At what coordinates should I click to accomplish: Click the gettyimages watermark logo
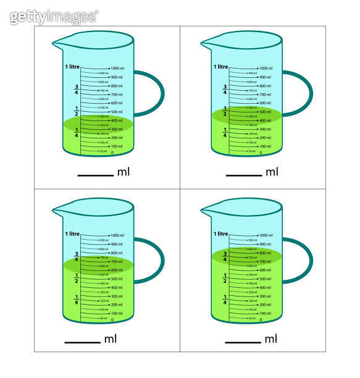(x=54, y=17)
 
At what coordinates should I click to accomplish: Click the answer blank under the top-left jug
(x=95, y=175)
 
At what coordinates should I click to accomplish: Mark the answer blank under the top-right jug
(x=244, y=175)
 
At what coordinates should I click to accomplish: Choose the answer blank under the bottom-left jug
(x=82, y=342)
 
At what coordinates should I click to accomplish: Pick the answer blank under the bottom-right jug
(x=243, y=342)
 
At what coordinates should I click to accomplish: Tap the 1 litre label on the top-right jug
(x=221, y=67)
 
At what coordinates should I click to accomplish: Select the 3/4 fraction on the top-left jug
(x=77, y=90)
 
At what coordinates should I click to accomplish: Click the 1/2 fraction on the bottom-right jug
(x=225, y=278)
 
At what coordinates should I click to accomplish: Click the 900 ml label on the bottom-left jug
(x=117, y=244)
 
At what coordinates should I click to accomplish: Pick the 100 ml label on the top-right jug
(x=266, y=146)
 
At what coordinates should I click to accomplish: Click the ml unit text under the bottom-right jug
(x=271, y=339)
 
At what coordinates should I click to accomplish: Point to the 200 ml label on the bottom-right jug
(x=266, y=304)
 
